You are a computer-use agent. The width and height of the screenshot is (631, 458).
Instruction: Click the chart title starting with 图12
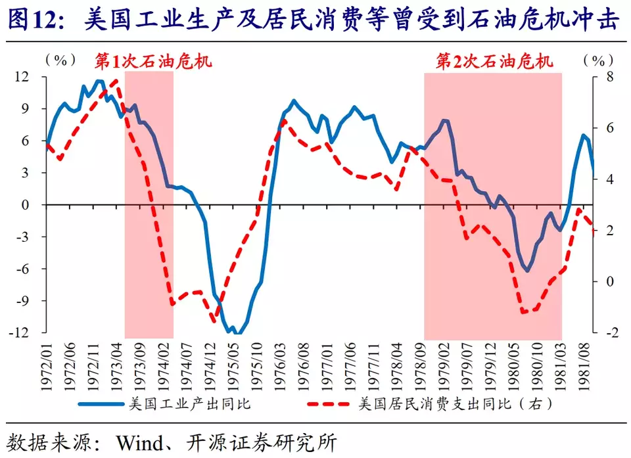coord(315,20)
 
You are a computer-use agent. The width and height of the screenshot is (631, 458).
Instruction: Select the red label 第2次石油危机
coord(495,62)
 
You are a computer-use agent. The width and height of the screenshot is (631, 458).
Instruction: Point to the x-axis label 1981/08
coord(584,363)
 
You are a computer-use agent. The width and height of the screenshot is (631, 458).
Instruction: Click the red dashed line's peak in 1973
coord(116,80)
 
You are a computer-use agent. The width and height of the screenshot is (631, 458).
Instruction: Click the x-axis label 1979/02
coord(445,363)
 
